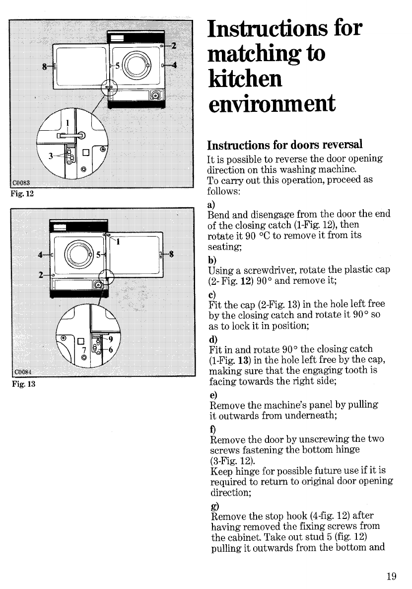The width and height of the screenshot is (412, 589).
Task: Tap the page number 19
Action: (391, 577)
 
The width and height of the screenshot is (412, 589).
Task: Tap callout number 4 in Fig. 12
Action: (174, 65)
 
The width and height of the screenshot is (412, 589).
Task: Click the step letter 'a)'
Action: (211, 204)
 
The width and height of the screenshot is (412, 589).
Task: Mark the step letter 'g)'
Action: (211, 505)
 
